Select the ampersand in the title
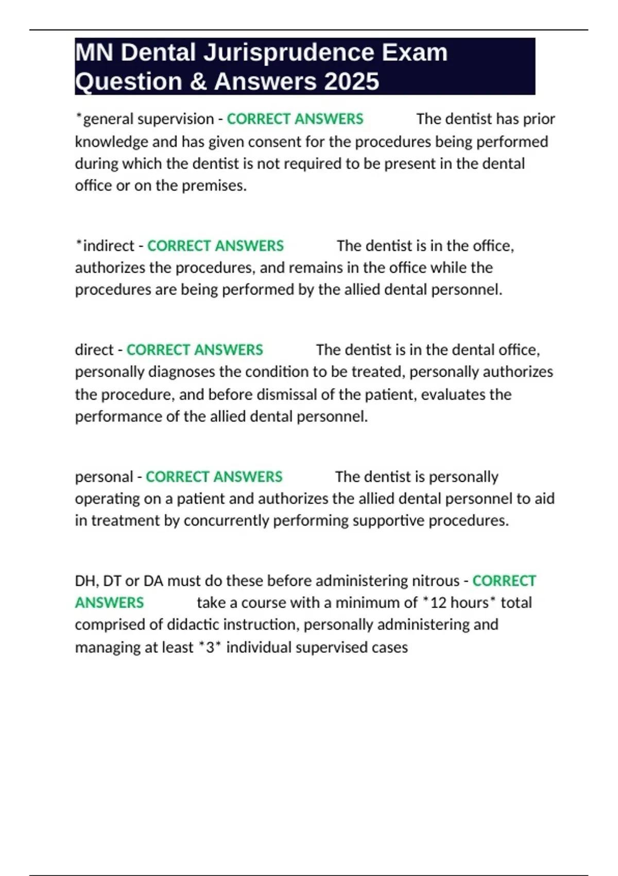pos(198,82)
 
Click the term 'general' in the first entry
pos(108,119)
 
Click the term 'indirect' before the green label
pos(108,246)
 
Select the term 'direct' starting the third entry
pos(94,350)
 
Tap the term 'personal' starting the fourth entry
pos(104,477)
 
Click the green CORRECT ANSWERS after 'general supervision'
pos(295,119)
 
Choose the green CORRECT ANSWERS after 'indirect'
pos(215,246)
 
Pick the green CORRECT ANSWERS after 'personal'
pos(214,477)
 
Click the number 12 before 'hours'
pos(438,602)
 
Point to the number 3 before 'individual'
pos(210,647)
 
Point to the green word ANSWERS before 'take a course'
pos(109,602)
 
